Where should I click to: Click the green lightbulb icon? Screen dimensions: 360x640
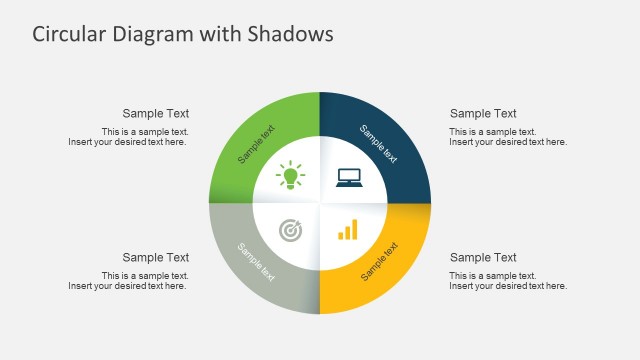291,176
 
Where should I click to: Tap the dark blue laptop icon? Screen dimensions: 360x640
349,177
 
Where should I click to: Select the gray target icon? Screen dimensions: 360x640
290,231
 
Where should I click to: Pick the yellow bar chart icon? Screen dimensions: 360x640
348,231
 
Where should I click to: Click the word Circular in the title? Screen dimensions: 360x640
69,34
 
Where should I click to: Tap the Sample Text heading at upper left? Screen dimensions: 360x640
156,114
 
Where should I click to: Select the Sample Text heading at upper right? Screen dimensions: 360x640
483,114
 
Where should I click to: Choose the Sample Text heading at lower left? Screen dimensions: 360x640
156,258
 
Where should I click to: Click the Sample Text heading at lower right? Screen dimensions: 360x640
483,258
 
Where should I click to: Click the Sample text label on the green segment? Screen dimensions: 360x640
257,144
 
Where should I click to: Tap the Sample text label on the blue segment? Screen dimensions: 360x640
379,143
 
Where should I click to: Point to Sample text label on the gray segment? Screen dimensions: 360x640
256,262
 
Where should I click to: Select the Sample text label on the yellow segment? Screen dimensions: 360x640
381,261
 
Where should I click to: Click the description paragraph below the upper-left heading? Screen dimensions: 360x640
128,137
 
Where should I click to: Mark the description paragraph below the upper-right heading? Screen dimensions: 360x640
508,137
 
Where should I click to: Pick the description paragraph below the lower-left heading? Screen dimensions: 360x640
128,281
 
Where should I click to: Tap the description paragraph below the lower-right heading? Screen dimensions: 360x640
508,281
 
